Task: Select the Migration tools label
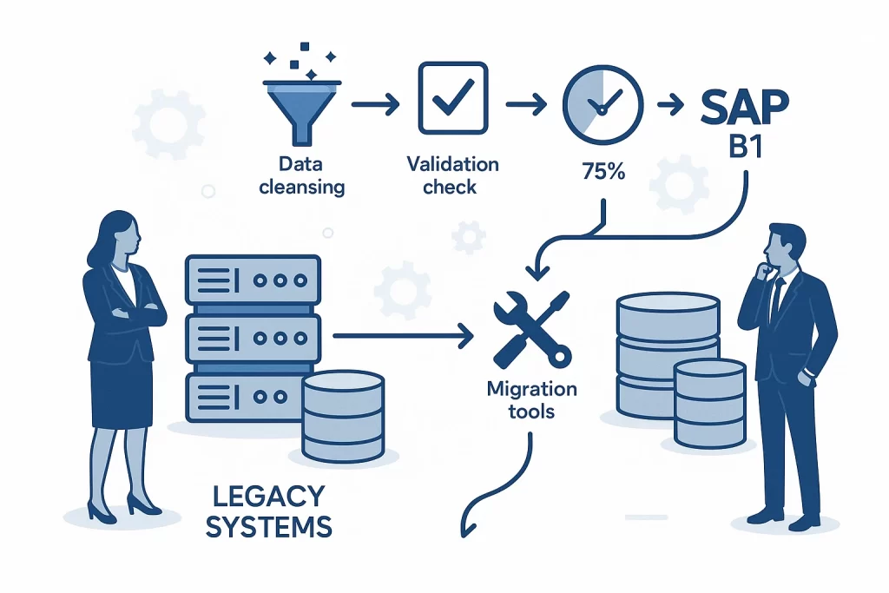click(x=530, y=398)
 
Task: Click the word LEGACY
click(x=267, y=497)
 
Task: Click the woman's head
click(x=118, y=233)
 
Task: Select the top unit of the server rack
click(x=253, y=280)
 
